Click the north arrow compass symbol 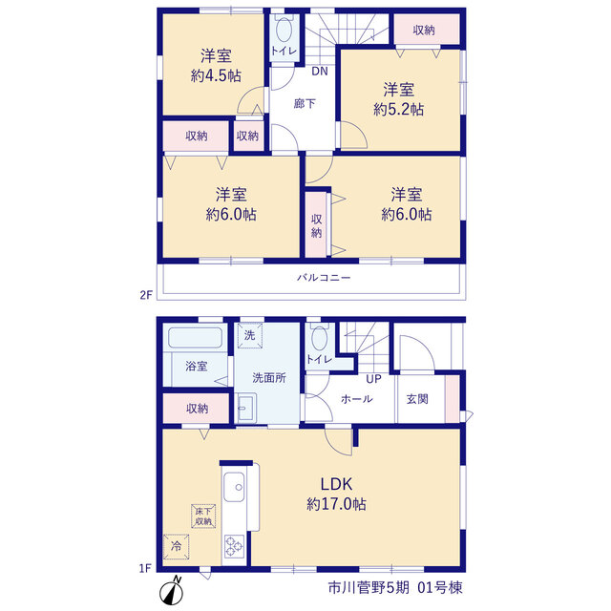click(x=172, y=592)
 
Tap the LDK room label click(x=336, y=484)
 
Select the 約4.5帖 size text click(x=216, y=75)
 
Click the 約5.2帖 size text click(x=399, y=109)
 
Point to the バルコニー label click(x=324, y=278)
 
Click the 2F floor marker click(x=146, y=295)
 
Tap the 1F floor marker click(x=145, y=569)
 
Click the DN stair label click(x=320, y=71)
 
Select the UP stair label click(x=373, y=378)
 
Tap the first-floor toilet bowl click(x=320, y=339)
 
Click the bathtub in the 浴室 click(x=195, y=337)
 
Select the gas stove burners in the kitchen click(x=234, y=545)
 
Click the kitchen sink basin click(x=234, y=487)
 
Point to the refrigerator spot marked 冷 click(x=176, y=546)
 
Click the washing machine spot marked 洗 click(x=250, y=335)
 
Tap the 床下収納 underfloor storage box click(x=203, y=516)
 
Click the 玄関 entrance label click(x=417, y=399)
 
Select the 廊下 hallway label click(x=305, y=104)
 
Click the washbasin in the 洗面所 click(x=246, y=408)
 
